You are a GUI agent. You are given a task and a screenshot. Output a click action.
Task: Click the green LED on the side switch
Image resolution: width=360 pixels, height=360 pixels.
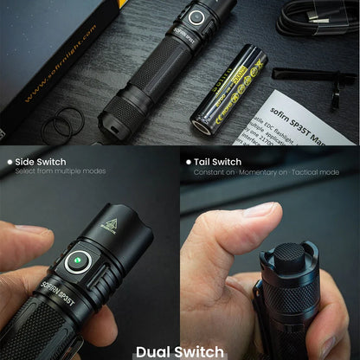[77, 257]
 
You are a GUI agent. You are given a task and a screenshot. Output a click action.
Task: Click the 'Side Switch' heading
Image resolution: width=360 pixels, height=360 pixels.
[40, 161]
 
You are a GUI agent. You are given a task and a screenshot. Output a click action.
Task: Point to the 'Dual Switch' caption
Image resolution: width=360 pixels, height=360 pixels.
[179, 351]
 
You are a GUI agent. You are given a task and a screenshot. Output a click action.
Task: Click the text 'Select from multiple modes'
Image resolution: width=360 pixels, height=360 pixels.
[61, 171]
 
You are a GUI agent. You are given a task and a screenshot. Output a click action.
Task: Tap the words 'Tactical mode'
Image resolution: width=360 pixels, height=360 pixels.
[317, 171]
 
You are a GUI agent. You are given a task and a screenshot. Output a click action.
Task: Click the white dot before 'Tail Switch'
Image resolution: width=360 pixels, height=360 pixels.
[188, 161]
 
